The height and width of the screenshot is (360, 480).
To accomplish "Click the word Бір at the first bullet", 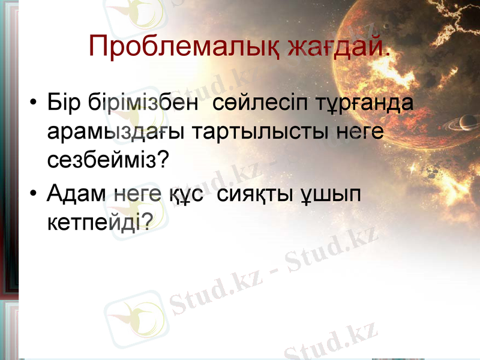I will click(64, 102).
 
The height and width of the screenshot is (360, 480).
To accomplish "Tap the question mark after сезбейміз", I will click(162, 160).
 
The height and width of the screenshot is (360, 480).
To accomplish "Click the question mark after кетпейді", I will click(145, 222).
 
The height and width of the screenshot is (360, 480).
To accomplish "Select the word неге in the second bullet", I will click(137, 194).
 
